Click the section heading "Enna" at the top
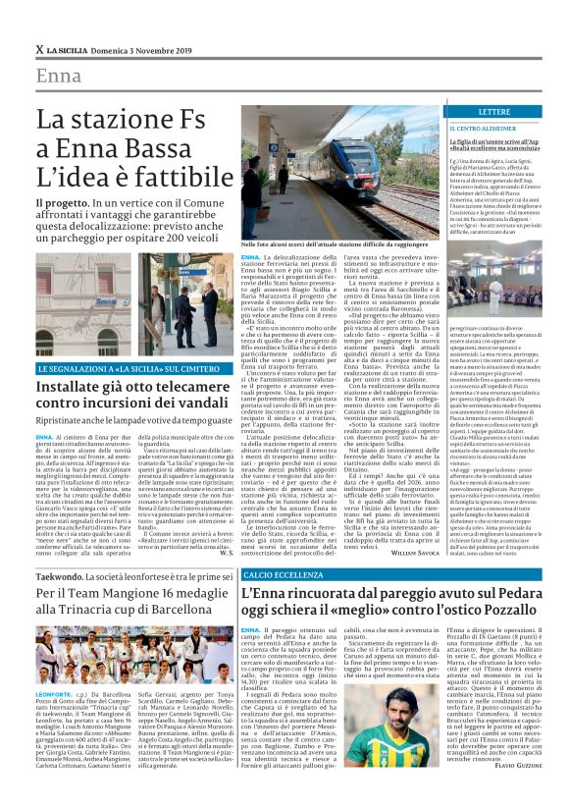(58, 76)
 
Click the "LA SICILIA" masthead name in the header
(74, 49)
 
